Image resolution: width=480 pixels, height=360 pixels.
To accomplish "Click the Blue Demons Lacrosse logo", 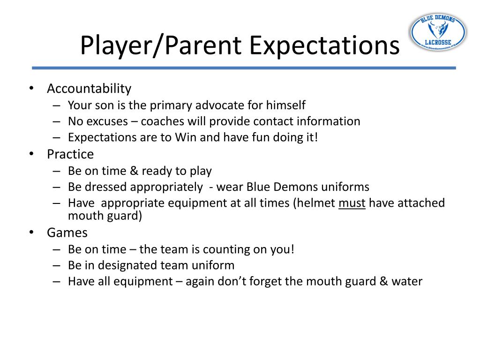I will point(438,32).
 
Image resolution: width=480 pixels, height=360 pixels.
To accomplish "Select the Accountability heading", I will point(89,89).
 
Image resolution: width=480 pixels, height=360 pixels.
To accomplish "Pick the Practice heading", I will point(70,154).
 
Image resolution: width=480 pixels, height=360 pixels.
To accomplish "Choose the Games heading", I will point(67,232).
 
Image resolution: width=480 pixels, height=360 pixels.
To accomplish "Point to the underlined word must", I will point(352,203).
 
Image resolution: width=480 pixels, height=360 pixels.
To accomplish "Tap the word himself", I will point(286,105).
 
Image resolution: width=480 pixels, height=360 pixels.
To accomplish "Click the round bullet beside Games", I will point(31,232).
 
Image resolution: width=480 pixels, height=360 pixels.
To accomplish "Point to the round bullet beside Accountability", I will point(31,89).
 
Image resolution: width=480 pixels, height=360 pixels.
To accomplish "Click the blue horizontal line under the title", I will point(244,68).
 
